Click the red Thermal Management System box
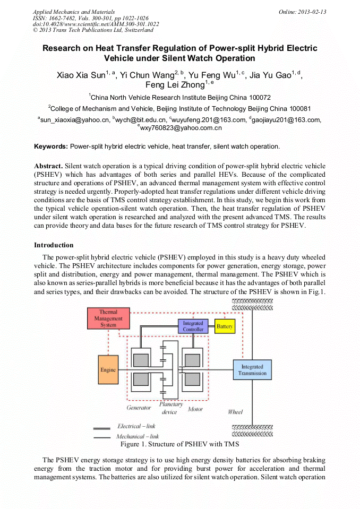(108, 318)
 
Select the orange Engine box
(108, 370)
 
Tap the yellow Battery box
(225, 326)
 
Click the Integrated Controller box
(193, 326)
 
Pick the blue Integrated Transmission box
(252, 369)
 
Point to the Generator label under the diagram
(139, 408)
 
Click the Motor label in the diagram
(195, 409)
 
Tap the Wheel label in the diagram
(235, 412)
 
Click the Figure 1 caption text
(179, 444)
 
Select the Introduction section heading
(54, 245)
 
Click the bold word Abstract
(48, 165)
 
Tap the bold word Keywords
(51, 146)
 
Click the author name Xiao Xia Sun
(81, 75)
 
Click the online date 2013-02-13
(312, 12)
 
